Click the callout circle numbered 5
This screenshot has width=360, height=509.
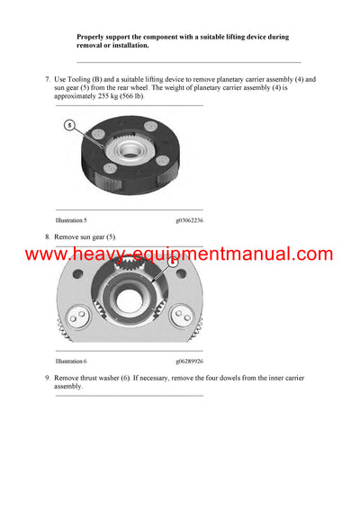69,126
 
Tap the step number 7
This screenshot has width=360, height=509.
47,80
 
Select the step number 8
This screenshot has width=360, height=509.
47,237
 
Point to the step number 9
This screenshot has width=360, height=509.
47,378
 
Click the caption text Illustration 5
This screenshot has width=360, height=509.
71,220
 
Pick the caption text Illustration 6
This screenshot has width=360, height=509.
71,361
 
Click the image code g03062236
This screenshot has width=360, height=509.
189,220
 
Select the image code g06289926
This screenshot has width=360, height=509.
189,361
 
